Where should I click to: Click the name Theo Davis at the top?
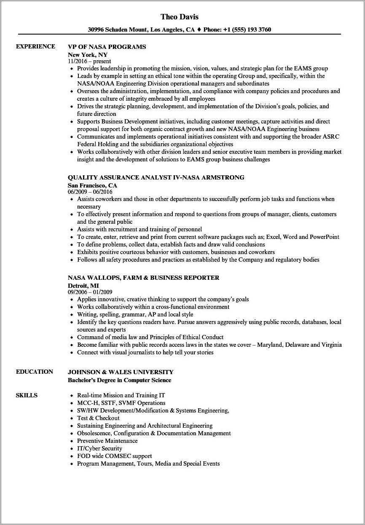pyautogui.click(x=180, y=17)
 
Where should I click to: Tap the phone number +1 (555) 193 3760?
pyautogui.click(x=247, y=30)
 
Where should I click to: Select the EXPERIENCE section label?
pyautogui.click(x=35, y=46)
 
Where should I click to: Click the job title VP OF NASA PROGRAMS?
pyautogui.click(x=107, y=47)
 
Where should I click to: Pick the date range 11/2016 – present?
pyautogui.click(x=89, y=61)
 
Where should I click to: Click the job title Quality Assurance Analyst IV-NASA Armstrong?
pyautogui.click(x=156, y=177)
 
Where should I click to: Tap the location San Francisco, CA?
pyautogui.click(x=92, y=185)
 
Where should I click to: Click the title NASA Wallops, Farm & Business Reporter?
pyautogui.click(x=144, y=278)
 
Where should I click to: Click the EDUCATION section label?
pyautogui.click(x=35, y=372)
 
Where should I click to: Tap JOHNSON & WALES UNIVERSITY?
pyautogui.click(x=121, y=372)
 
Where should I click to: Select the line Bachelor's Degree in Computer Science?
pyautogui.click(x=120, y=380)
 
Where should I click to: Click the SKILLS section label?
pyautogui.click(x=27, y=395)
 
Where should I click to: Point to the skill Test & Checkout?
pyautogui.click(x=98, y=418)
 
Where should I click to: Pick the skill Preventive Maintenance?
pyautogui.click(x=107, y=441)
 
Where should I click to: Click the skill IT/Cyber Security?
pyautogui.click(x=99, y=448)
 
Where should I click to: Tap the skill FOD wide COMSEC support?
pyautogui.click(x=114, y=456)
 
